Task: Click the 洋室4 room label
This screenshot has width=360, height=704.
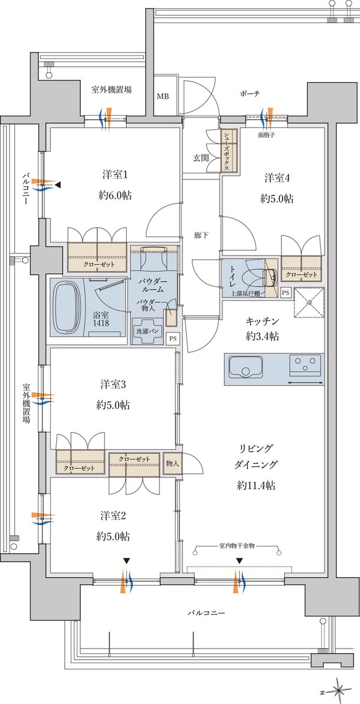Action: click(x=276, y=178)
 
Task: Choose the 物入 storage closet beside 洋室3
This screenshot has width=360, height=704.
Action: click(x=173, y=463)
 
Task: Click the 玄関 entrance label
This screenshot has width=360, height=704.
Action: click(x=200, y=158)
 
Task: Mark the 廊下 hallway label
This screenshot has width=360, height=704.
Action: click(x=202, y=234)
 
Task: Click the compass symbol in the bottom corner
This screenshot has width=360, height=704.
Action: click(x=339, y=689)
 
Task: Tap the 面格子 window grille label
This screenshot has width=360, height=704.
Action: click(x=269, y=135)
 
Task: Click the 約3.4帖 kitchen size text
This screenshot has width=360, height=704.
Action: click(x=263, y=336)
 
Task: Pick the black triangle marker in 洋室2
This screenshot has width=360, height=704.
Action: click(x=126, y=561)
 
